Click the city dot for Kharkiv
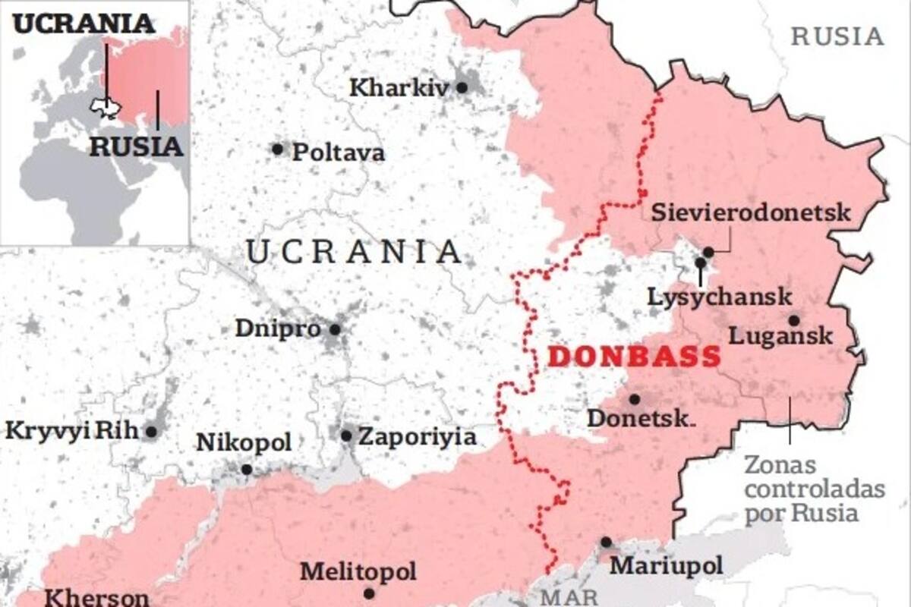[x=462, y=87]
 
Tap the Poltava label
[x=339, y=153]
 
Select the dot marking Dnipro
[x=335, y=329]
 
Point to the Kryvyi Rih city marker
[x=151, y=432]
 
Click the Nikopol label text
[x=244, y=442]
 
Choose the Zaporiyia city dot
[x=346, y=436]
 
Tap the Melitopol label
[x=358, y=571]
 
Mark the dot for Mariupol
[x=606, y=542]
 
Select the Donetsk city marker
[x=634, y=399]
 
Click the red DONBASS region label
[x=634, y=357]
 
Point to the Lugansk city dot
[x=793, y=320]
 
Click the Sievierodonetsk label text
[x=751, y=212]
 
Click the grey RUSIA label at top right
[x=837, y=36]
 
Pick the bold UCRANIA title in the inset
[x=84, y=24]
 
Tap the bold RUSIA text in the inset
[x=137, y=146]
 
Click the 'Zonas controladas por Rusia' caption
[x=814, y=489]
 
